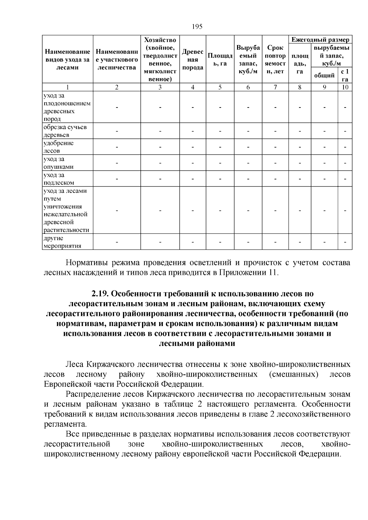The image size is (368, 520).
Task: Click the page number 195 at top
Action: [x=197, y=26]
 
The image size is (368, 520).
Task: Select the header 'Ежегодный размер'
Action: [x=320, y=40]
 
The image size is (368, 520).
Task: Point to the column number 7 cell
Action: [x=275, y=87]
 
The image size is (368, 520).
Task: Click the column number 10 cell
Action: [x=345, y=87]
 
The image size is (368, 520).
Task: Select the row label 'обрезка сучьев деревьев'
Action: [x=61, y=131]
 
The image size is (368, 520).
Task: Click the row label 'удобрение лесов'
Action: [x=58, y=147]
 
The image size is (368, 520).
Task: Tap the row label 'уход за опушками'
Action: [x=58, y=163]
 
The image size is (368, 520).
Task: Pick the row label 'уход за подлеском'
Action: [x=58, y=179]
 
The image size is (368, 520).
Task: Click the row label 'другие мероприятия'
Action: [x=62, y=242]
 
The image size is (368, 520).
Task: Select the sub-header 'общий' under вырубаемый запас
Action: [x=324, y=75]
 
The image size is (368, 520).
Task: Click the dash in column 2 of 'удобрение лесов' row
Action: [x=117, y=147]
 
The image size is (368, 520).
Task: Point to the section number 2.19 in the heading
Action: [x=100, y=294]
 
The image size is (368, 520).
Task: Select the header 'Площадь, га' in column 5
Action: [x=220, y=59]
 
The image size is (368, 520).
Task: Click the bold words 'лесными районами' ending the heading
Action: [x=197, y=344]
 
